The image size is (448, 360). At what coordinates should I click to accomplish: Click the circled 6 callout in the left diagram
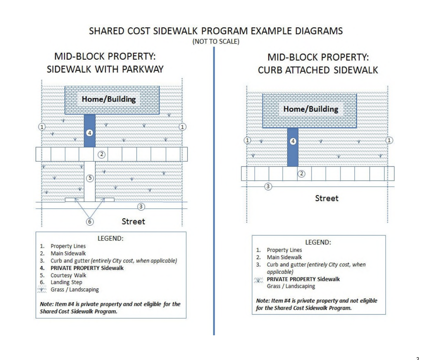90,221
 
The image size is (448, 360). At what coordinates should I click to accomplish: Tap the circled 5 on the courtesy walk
90,178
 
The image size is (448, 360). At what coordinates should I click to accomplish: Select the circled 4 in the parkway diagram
89,133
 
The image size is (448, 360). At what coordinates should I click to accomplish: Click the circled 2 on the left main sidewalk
101,154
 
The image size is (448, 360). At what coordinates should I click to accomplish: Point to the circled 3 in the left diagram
141,207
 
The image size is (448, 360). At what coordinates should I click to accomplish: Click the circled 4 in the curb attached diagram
293,141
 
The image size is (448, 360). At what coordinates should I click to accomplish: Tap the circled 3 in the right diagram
268,186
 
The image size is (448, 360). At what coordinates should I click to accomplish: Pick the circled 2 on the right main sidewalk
301,174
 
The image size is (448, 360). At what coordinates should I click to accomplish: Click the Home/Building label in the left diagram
109,99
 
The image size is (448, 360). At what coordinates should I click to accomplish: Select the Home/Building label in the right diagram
310,109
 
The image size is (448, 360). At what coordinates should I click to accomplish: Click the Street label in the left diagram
133,221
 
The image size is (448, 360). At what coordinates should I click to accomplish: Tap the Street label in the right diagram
326,198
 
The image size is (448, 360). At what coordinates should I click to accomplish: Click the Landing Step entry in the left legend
66,282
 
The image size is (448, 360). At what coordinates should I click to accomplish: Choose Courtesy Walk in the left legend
68,275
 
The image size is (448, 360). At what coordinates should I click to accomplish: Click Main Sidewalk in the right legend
284,257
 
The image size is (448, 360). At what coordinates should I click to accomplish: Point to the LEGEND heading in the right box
318,242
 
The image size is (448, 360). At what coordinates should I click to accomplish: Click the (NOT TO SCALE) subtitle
216,41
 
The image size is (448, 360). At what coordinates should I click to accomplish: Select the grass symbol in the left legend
42,290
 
